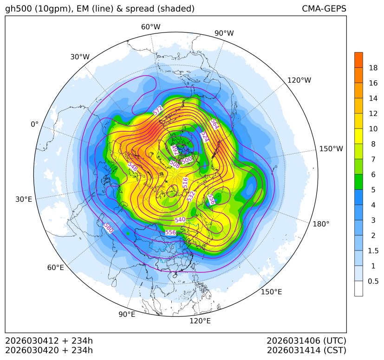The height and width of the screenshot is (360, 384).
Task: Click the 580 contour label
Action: tap(108, 227)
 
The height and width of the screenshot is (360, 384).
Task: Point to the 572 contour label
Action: tap(158, 110)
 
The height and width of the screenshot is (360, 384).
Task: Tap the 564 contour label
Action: tap(214, 124)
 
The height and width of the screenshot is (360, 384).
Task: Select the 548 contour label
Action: tap(132, 167)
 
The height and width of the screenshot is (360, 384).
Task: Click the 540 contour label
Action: tap(180, 219)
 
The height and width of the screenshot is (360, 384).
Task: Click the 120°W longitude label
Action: tap(299, 80)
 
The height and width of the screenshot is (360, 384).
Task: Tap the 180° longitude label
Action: tap(321, 224)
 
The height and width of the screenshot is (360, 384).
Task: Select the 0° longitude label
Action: tap(34, 124)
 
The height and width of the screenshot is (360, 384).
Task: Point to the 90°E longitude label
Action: tap(127, 315)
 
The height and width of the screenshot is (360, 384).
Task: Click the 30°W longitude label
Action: tap(80, 57)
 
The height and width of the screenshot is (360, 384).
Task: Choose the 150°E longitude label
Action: tap(271, 292)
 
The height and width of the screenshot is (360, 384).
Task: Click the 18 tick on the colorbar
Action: tap(373, 68)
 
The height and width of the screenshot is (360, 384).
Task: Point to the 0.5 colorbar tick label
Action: tap(373, 281)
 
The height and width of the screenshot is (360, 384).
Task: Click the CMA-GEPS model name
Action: tap(324, 9)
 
